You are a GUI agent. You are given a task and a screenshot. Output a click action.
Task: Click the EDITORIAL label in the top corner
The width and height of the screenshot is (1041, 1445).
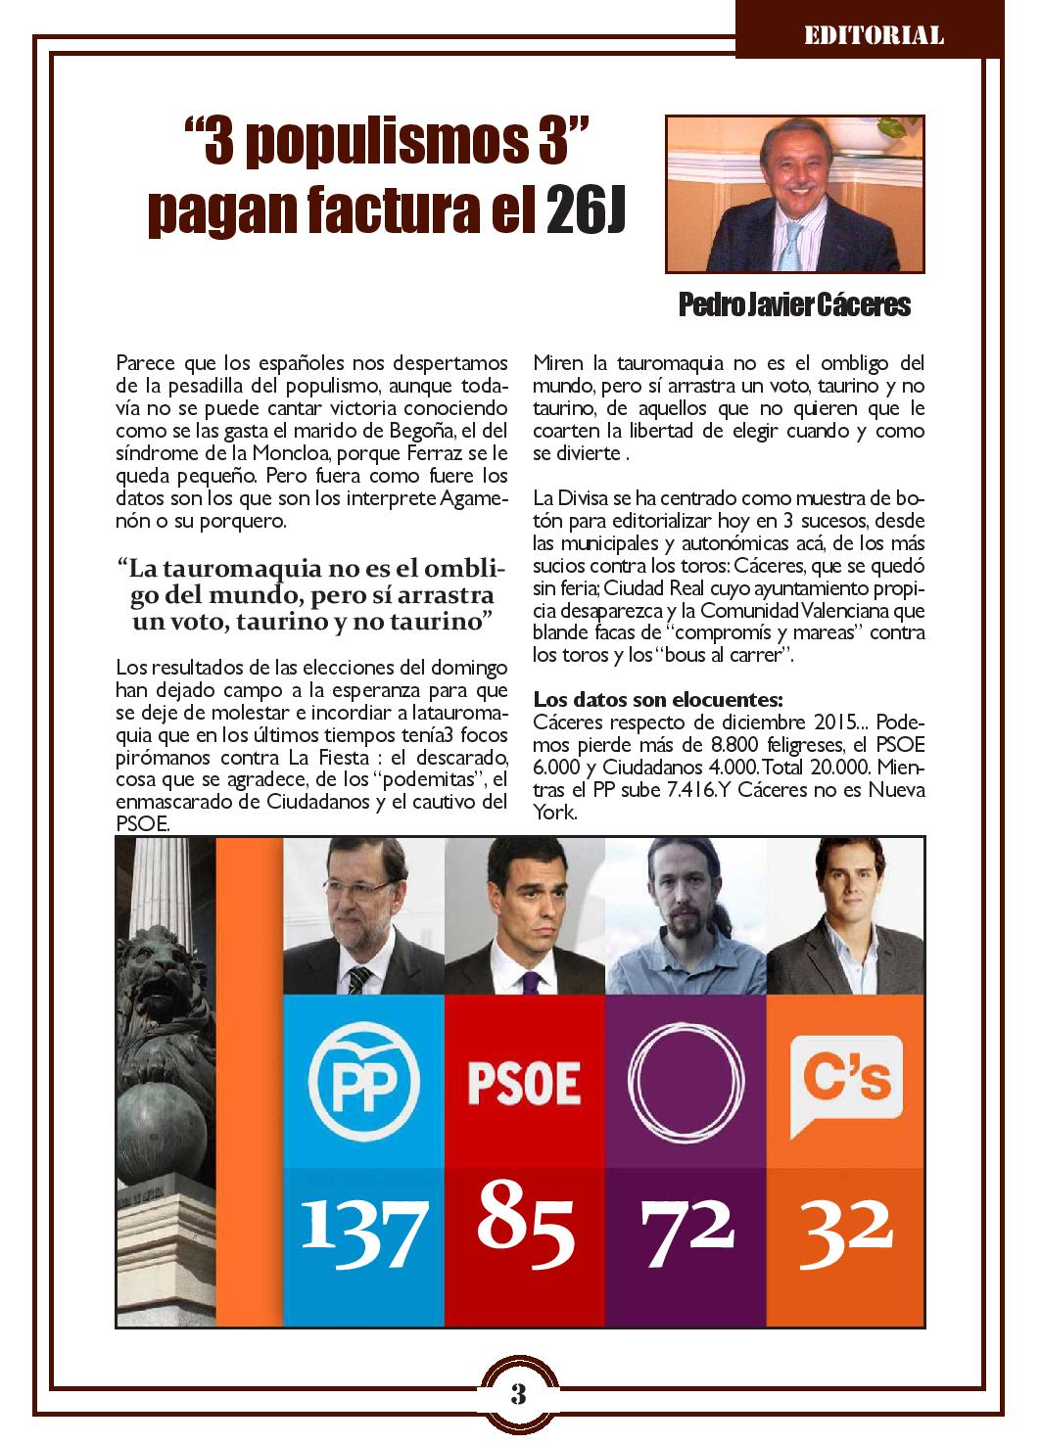tap(874, 36)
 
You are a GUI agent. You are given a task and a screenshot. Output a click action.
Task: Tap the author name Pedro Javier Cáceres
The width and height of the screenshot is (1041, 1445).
tap(794, 306)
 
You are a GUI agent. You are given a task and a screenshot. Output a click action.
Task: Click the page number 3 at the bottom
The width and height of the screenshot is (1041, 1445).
tap(519, 1393)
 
